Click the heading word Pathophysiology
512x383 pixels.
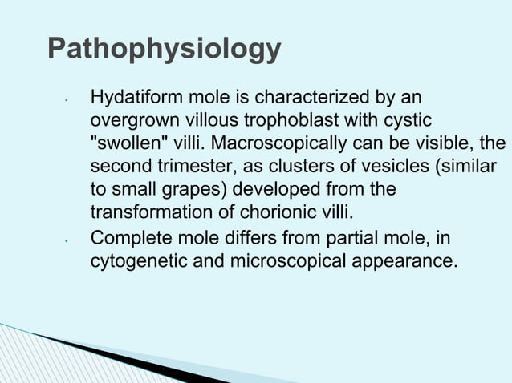click(x=164, y=50)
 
